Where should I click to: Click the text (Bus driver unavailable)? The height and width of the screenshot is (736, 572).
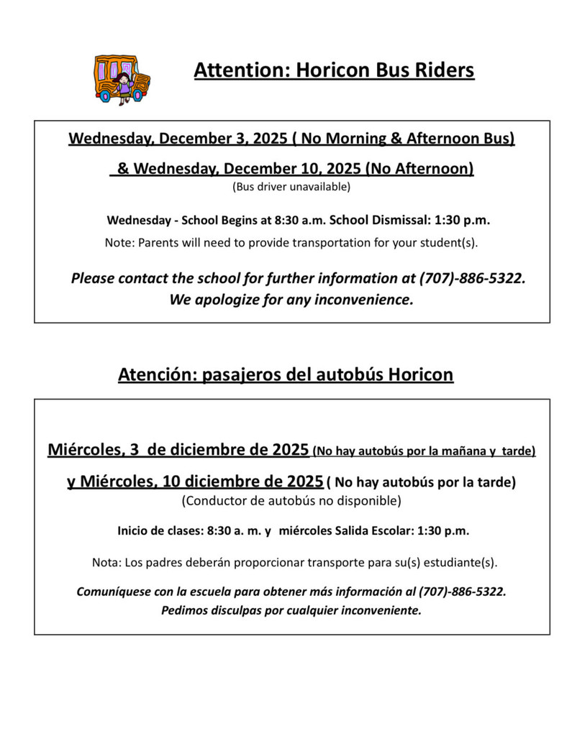[x=291, y=188]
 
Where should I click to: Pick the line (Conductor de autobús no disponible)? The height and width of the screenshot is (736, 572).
[x=291, y=500]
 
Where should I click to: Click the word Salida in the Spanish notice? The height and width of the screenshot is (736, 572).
[x=354, y=532]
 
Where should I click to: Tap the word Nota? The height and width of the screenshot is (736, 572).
[x=106, y=561]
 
